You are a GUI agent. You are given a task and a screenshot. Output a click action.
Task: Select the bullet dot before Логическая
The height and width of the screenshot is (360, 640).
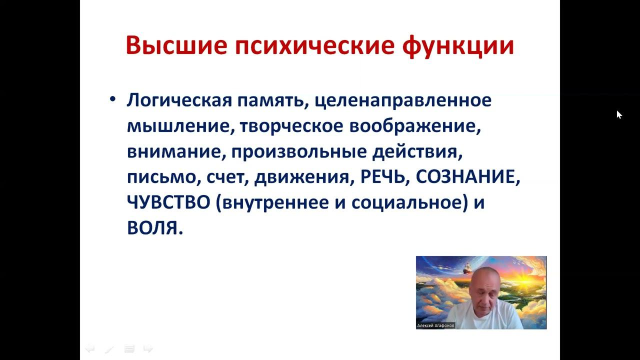[112, 99]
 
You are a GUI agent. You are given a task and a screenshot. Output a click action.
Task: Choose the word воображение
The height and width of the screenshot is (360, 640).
[414, 126]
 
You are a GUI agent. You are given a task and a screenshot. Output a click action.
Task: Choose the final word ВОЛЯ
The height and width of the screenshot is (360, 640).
[152, 229]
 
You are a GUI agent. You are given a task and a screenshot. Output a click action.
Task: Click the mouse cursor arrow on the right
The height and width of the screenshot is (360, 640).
[619, 114]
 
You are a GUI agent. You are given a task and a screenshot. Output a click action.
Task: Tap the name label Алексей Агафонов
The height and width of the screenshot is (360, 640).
[435, 325]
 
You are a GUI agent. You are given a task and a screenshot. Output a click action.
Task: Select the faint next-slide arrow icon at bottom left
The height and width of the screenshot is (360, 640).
[148, 348]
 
